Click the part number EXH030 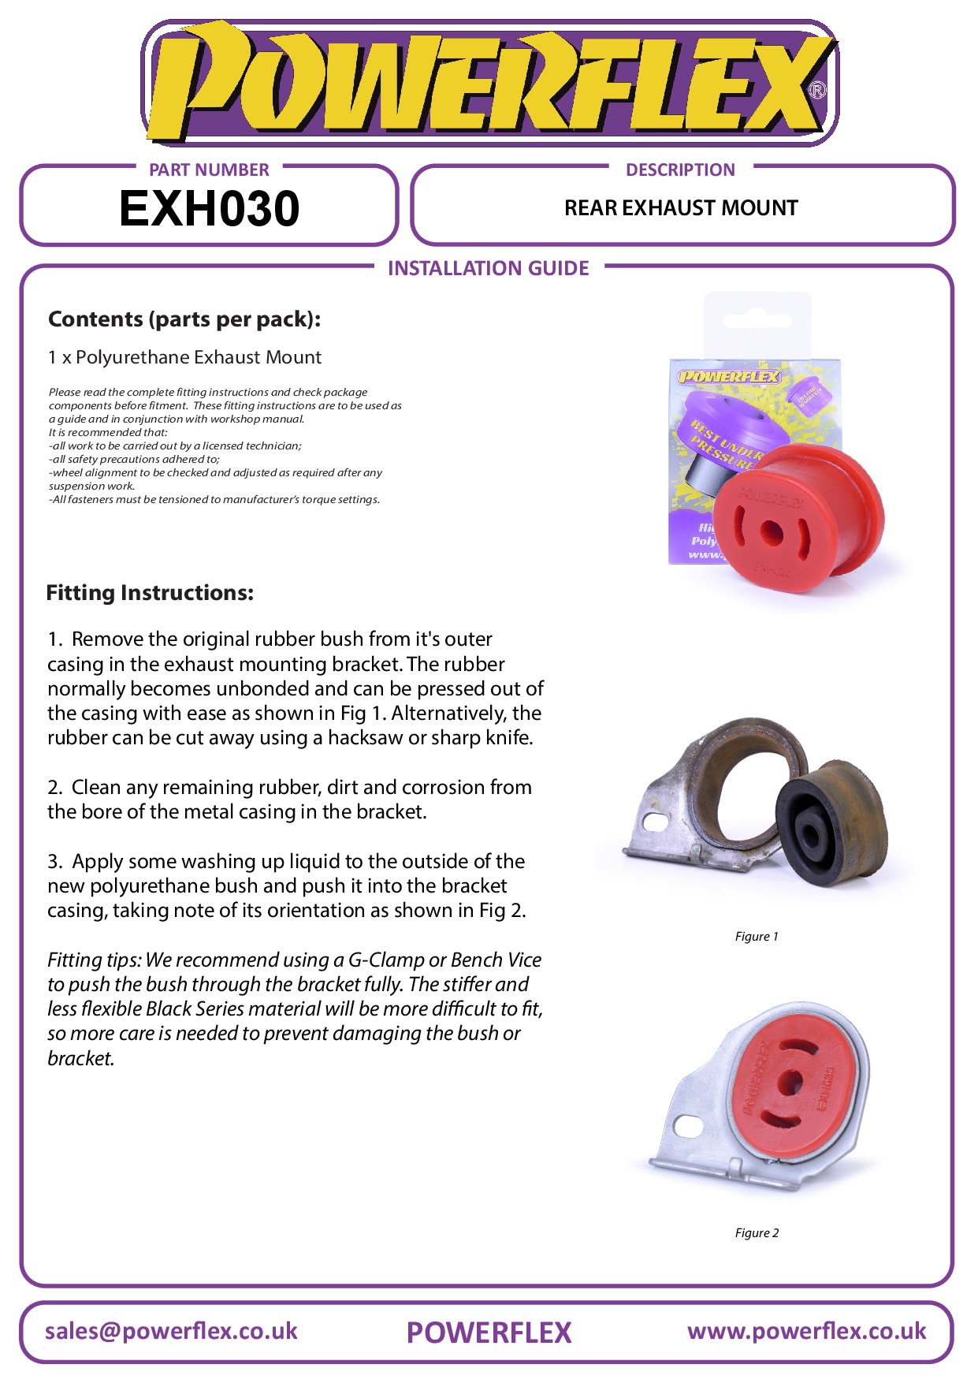(x=209, y=209)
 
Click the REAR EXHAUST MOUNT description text (x=681, y=208)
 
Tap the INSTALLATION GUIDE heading (x=488, y=269)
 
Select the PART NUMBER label (x=209, y=170)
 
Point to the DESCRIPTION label (x=680, y=170)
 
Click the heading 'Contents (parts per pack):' (x=184, y=319)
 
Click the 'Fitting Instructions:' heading (x=150, y=593)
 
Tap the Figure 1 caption (x=757, y=937)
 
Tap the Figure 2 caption (x=757, y=1233)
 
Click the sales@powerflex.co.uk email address (x=171, y=1331)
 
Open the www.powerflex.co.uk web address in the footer (x=806, y=1331)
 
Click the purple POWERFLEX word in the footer (x=489, y=1333)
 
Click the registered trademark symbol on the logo (x=818, y=90)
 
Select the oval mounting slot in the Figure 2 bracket (x=688, y=1126)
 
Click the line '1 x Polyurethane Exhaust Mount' (x=184, y=357)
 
